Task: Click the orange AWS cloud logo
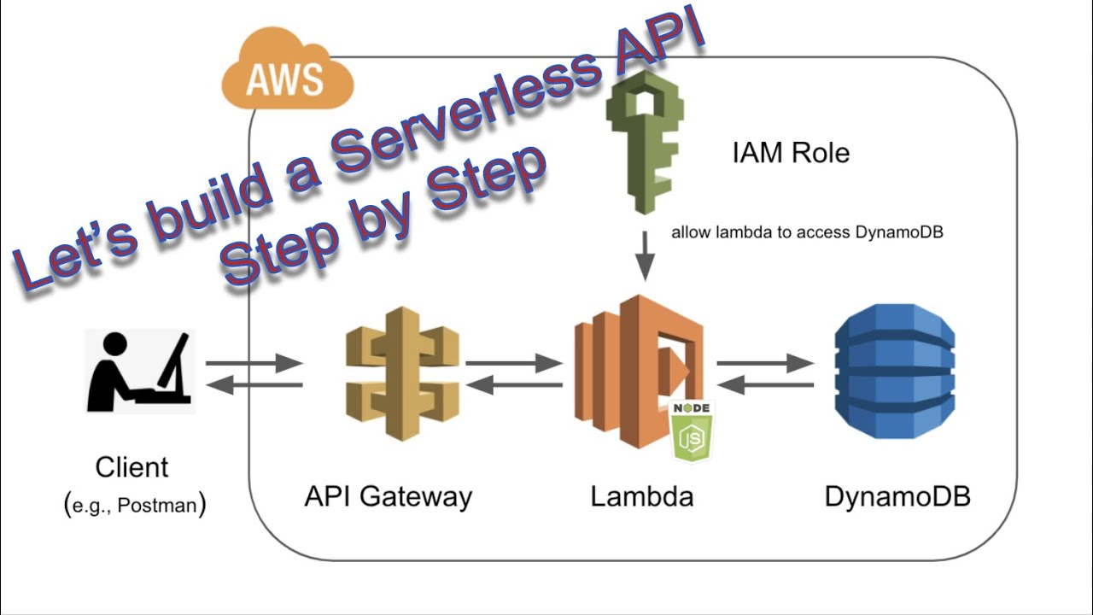(x=287, y=76)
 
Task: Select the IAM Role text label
(x=791, y=153)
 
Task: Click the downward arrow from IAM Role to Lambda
(x=646, y=256)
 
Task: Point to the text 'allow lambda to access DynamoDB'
(x=807, y=232)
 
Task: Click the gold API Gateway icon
(x=402, y=373)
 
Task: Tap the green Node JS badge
(x=691, y=431)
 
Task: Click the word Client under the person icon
(x=132, y=468)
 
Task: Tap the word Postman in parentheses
(x=156, y=506)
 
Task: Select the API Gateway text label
(x=389, y=496)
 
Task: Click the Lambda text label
(x=641, y=496)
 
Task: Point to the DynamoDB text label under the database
(x=897, y=496)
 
